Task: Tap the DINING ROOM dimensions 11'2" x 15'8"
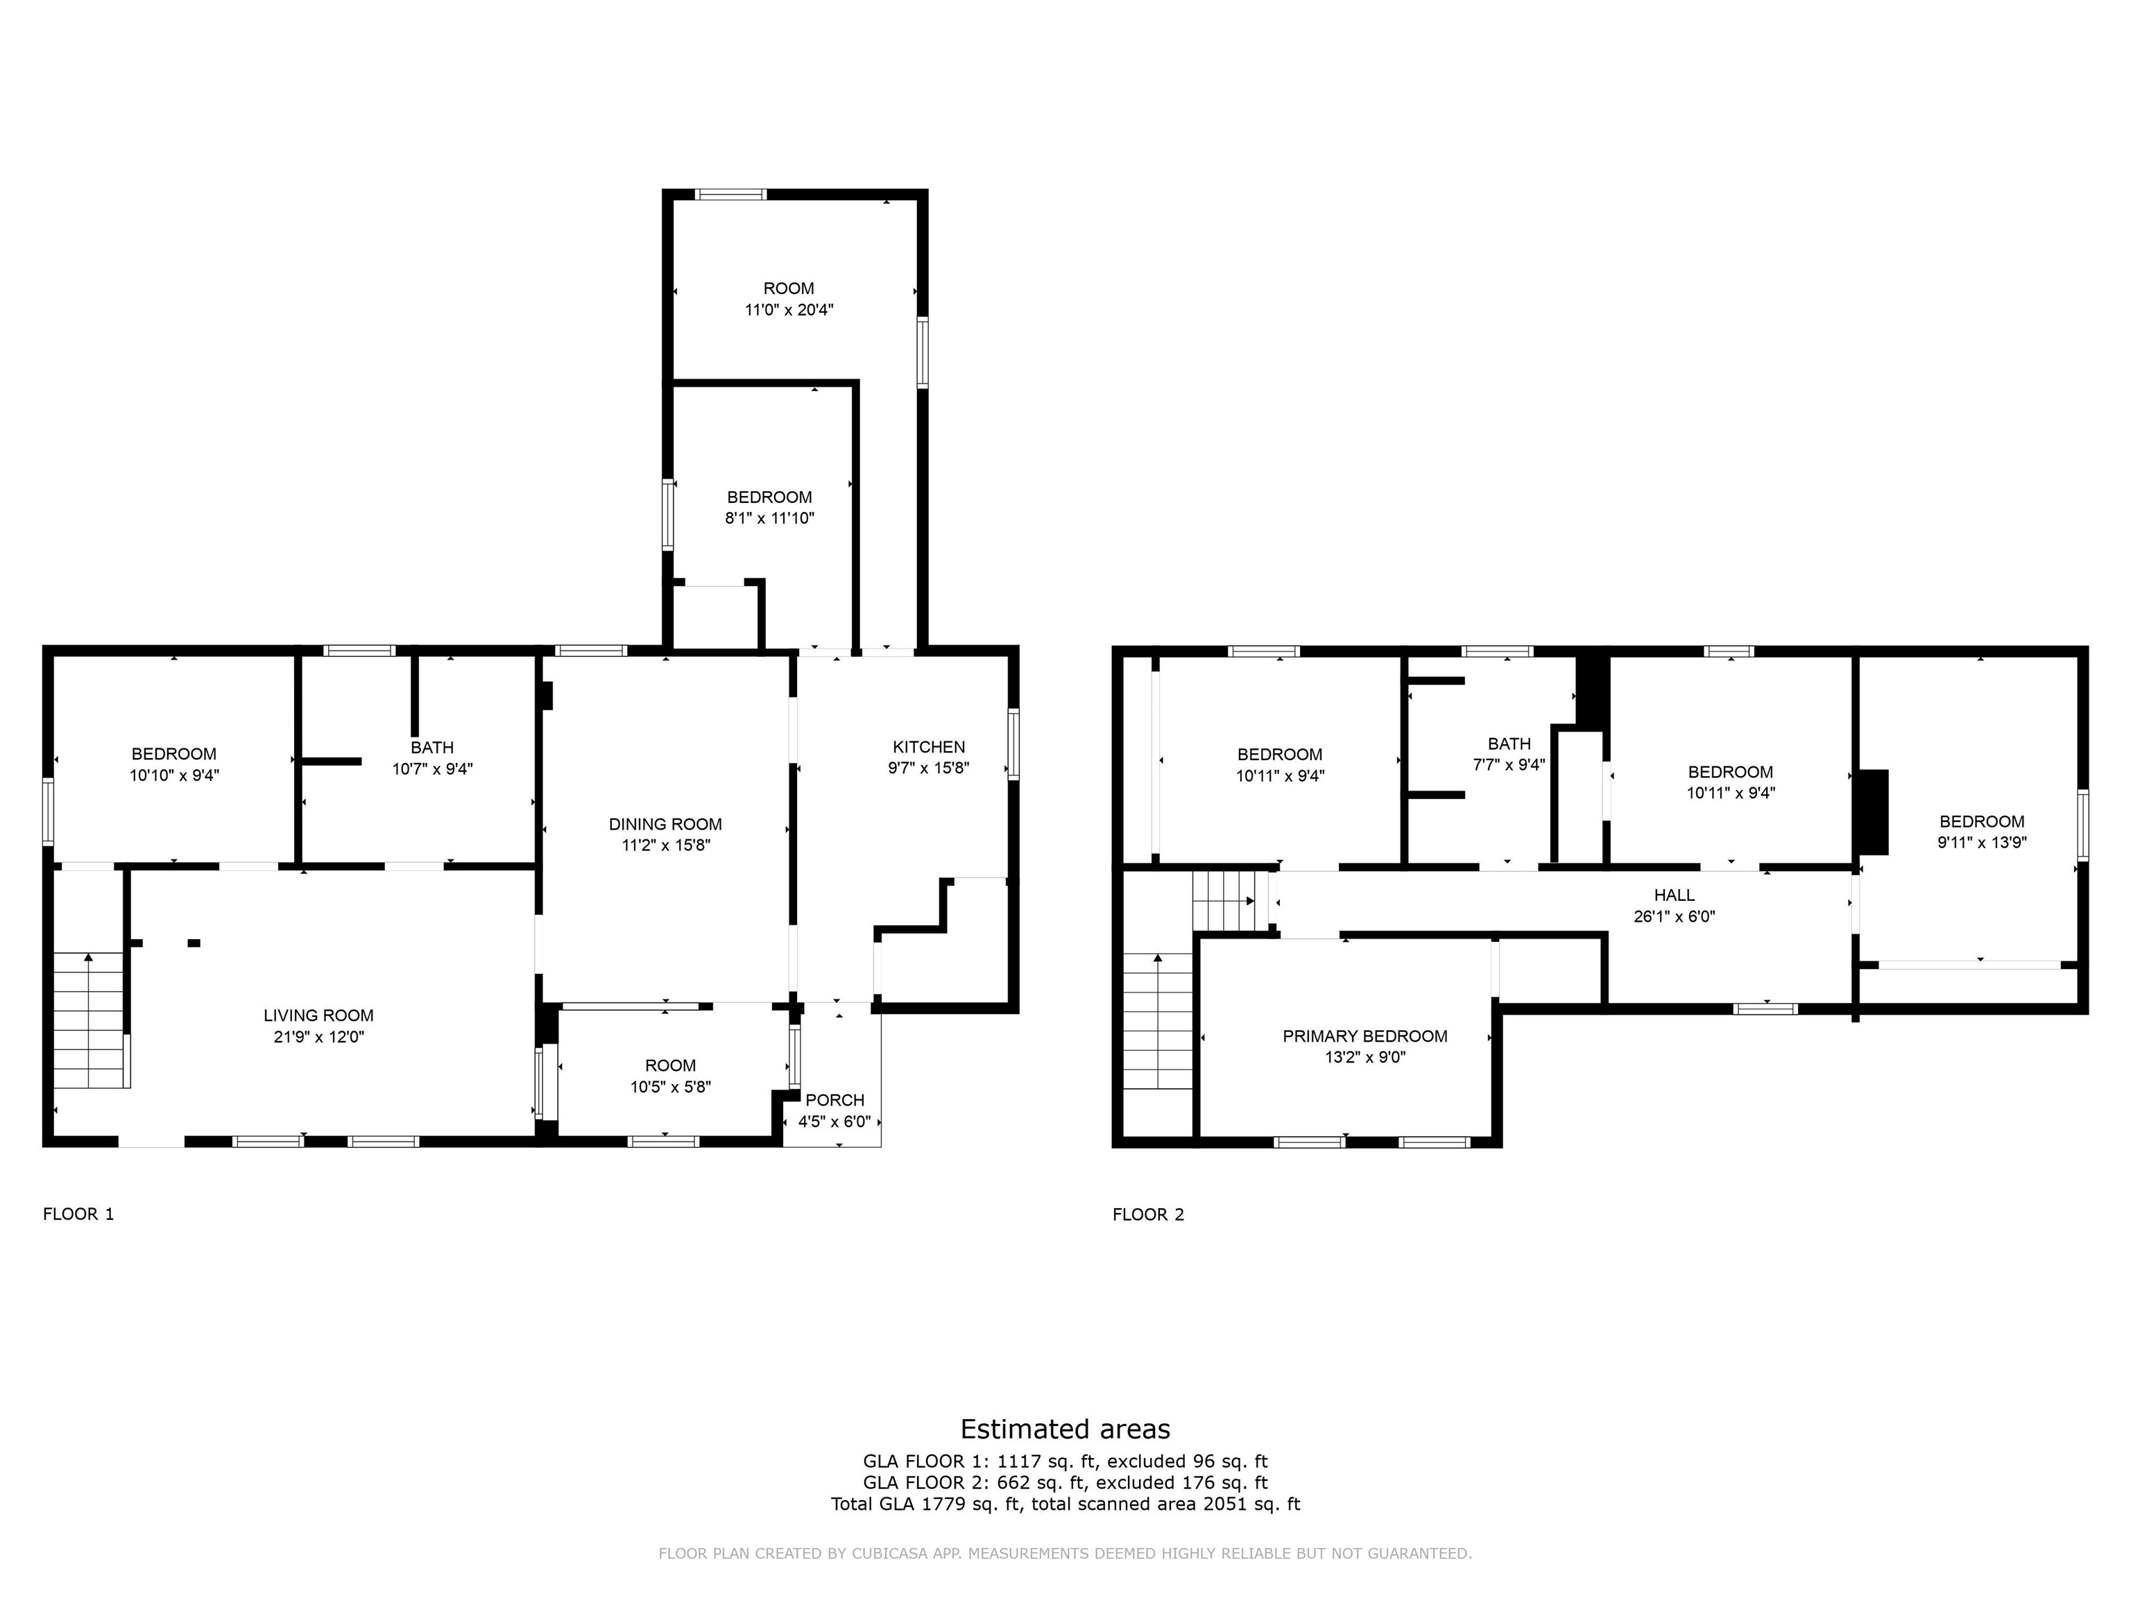[666, 845]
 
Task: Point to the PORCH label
[835, 1100]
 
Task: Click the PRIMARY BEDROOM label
[1364, 1036]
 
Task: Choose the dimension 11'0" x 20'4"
[788, 310]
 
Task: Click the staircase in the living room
[89, 1020]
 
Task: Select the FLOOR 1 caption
[78, 1214]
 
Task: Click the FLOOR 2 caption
[1147, 1214]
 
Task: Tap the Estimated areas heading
[1065, 1429]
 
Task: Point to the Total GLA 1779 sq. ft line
[1065, 1504]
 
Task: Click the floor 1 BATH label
[431, 748]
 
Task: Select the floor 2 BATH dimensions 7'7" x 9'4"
[1509, 765]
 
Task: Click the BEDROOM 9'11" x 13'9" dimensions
[1982, 842]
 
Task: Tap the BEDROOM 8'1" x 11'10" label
[769, 497]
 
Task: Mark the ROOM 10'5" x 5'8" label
[671, 1065]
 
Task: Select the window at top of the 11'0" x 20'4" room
[731, 195]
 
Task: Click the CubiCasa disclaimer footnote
[1065, 1554]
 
